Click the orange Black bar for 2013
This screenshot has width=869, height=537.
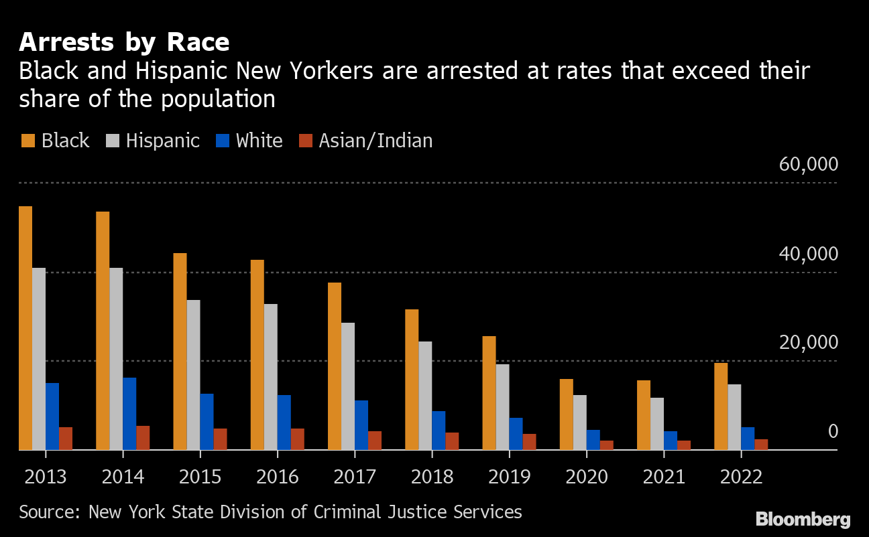coord(25,328)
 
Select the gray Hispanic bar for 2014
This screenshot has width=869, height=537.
coord(116,359)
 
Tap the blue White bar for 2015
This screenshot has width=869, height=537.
coord(207,422)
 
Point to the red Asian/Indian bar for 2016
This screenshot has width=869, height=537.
coord(298,439)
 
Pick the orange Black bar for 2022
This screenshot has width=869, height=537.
coord(721,406)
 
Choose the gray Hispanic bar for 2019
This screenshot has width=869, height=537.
coord(502,407)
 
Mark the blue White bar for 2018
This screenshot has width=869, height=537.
coord(439,431)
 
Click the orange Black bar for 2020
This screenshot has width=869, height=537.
coord(567,414)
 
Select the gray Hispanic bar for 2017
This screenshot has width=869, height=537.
coord(348,386)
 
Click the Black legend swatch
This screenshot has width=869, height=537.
coord(27,141)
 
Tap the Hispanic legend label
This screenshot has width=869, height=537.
coord(163,141)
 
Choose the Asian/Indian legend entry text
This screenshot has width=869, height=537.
coord(375,141)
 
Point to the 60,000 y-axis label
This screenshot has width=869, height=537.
coord(808,165)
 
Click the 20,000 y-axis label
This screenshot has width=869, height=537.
coord(808,343)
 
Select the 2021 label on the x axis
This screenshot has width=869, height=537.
coord(664,477)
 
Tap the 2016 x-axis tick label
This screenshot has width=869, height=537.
coord(278,477)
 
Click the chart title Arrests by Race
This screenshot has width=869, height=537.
coord(124,43)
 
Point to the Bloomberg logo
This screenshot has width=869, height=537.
coord(803,519)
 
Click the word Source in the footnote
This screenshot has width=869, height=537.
coord(47,513)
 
